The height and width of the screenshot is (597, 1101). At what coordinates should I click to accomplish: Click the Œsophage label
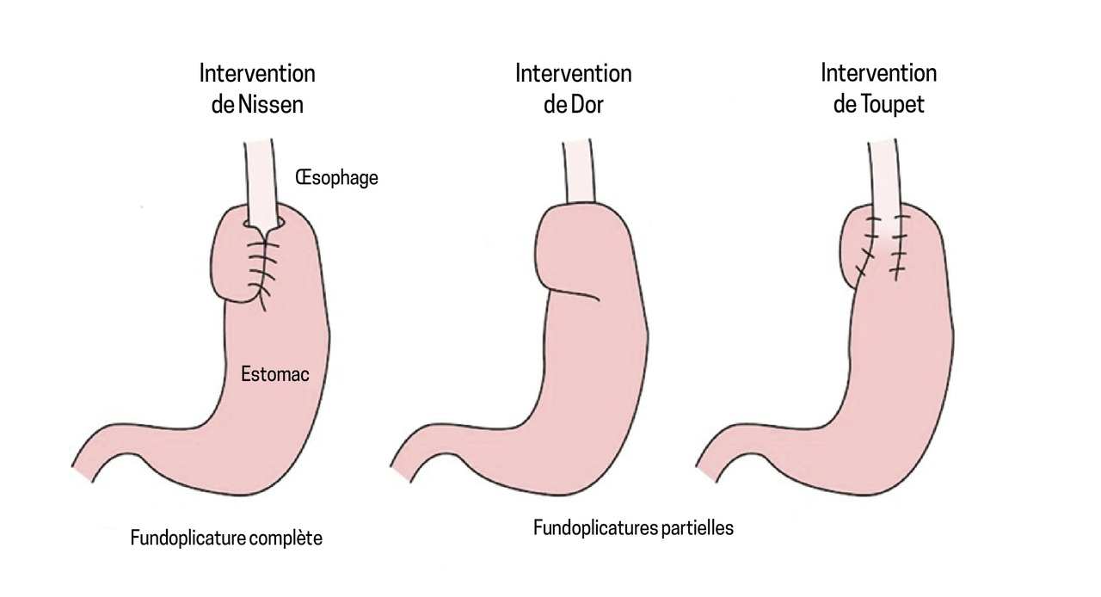336,179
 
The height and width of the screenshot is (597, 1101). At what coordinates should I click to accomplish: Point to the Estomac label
275,374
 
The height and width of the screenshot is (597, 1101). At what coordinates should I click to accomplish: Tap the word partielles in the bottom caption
698,528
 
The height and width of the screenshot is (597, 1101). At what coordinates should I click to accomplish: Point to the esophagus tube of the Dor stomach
576,172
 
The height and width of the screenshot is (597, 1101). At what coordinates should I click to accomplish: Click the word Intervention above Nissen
257,73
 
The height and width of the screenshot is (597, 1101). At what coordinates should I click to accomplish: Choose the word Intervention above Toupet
878,73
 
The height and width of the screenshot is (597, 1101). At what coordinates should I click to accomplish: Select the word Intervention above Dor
573,73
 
